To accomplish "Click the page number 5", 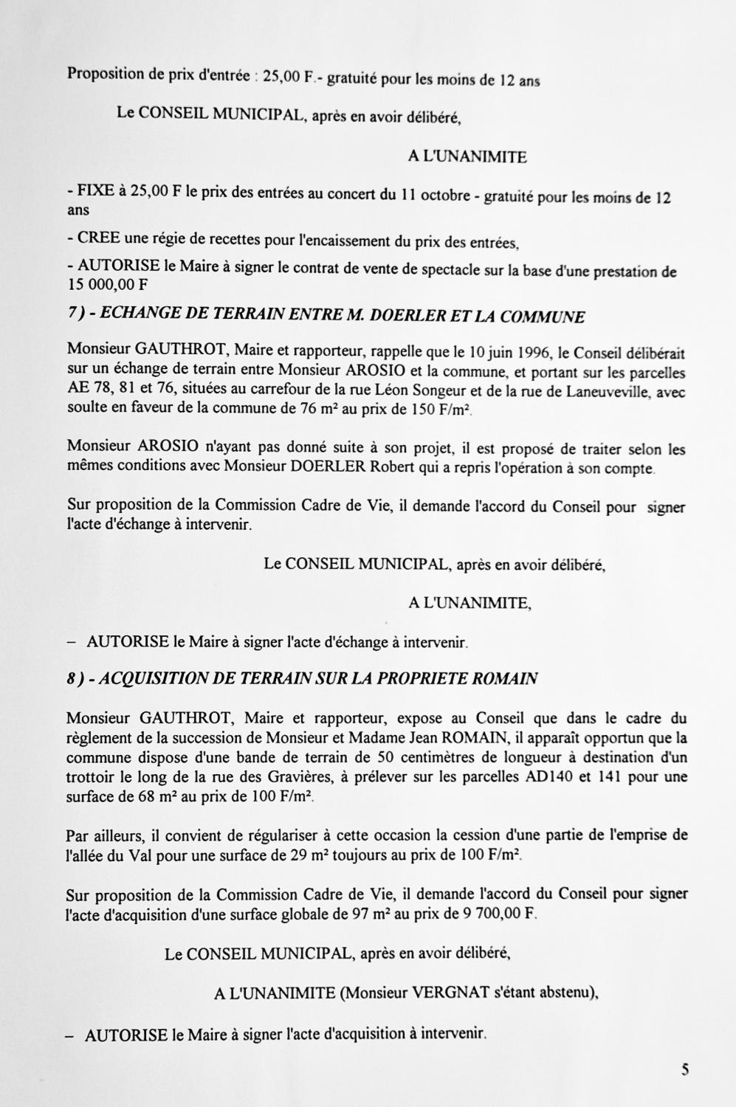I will (x=685, y=1069).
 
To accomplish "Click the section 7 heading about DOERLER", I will (x=326, y=317).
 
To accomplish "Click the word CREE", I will (x=99, y=240).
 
